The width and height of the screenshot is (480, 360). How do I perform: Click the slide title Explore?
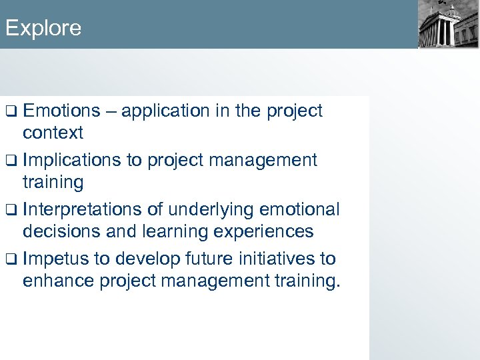point(43,28)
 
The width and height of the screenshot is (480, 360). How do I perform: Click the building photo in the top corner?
point(448,25)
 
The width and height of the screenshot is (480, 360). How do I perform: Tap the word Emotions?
point(61,111)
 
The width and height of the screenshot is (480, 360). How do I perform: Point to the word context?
point(53,133)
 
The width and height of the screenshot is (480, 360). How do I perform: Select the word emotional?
point(294,209)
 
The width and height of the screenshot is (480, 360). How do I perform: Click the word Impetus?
point(55,259)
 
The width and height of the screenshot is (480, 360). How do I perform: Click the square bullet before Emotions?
point(11,111)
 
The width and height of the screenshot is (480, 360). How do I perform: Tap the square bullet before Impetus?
point(11,259)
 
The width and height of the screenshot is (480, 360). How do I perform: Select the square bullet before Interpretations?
point(11,210)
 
